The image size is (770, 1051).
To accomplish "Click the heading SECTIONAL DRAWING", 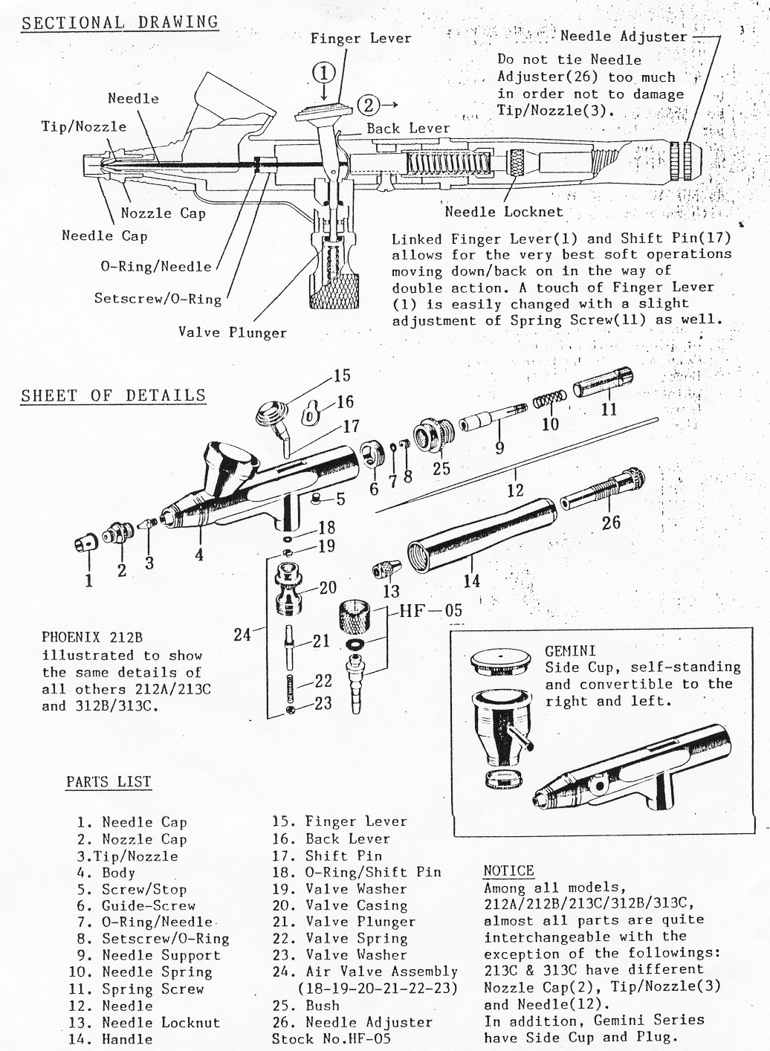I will pos(120,22).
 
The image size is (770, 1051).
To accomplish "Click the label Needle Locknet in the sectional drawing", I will pos(504,212).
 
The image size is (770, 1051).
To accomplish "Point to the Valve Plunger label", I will pos(232,332).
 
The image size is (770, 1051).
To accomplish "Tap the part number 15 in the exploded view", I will pos(342,375).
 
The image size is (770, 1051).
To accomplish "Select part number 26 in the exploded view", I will pos(611,523).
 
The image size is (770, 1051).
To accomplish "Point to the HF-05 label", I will pos(431,611).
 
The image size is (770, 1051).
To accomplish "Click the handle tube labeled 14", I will pos(479,539).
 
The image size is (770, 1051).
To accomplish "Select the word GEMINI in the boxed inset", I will pos(570,650).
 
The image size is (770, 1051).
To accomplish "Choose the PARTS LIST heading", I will pos(109,782).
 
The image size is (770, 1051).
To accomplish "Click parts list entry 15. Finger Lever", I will pos(340,822).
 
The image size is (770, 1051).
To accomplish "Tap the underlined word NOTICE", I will pos(508,871).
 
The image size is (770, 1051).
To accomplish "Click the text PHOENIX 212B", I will pos(92,638).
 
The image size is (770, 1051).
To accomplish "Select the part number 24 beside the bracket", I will pos(242,635).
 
